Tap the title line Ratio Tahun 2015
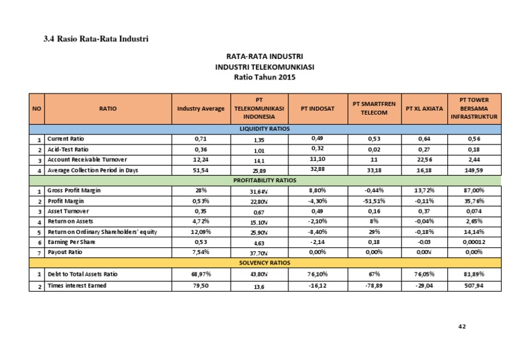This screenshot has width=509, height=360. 264,78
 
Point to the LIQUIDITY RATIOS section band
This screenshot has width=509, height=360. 264,129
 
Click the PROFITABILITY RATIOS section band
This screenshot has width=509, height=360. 264,180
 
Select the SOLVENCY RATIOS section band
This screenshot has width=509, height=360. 264,263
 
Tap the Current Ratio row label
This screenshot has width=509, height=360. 66,139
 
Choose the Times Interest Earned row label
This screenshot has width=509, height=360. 76,285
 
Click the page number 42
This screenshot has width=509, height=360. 462,326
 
